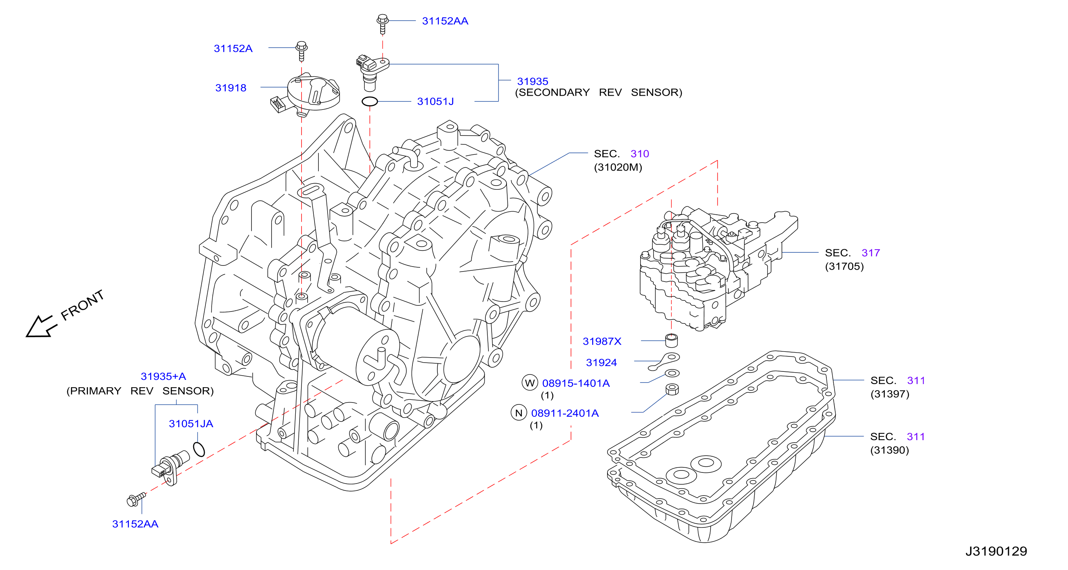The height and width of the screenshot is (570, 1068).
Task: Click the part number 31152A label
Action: pyautogui.click(x=233, y=48)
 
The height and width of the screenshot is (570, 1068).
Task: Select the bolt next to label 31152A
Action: pyautogui.click(x=302, y=51)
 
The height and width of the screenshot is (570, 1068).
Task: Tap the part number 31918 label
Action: pyautogui.click(x=230, y=88)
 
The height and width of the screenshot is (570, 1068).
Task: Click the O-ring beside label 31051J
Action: pyautogui.click(x=369, y=101)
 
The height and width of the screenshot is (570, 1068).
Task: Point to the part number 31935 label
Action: pyautogui.click(x=532, y=81)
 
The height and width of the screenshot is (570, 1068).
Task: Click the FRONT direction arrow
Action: pyautogui.click(x=41, y=326)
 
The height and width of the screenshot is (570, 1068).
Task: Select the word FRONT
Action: pyautogui.click(x=82, y=305)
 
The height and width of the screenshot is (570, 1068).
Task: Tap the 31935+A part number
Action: pyautogui.click(x=163, y=376)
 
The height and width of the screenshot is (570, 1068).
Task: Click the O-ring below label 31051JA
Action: pyautogui.click(x=199, y=449)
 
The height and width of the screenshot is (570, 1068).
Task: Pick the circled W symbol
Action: pyautogui.click(x=530, y=383)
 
